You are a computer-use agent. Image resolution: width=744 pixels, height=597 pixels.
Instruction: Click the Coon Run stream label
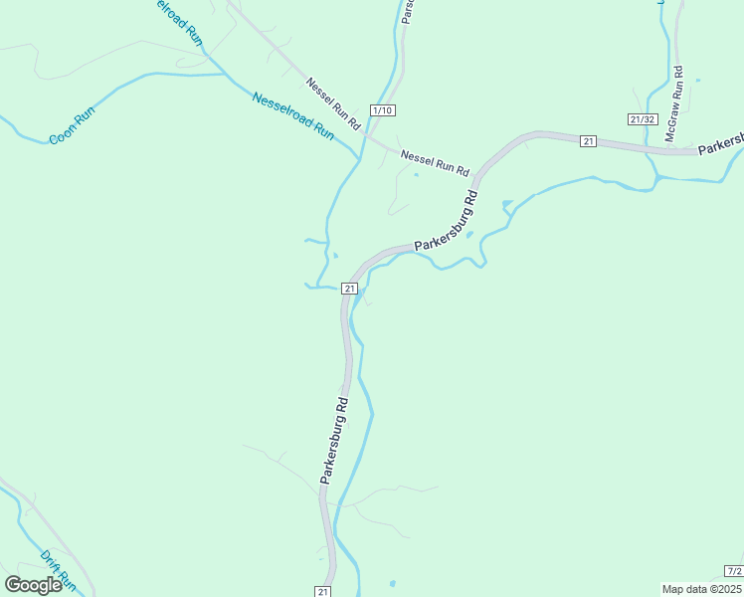[71, 127]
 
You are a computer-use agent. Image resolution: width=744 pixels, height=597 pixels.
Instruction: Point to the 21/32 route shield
[643, 119]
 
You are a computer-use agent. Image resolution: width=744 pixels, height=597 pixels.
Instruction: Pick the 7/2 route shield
[734, 570]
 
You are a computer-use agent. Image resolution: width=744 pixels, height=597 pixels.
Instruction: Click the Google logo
[33, 585]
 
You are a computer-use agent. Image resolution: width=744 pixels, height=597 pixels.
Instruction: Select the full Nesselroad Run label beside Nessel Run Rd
[293, 114]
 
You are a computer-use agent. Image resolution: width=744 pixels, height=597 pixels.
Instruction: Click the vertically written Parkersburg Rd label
[335, 441]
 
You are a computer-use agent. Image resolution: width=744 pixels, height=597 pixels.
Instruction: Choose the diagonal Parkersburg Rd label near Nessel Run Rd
[447, 217]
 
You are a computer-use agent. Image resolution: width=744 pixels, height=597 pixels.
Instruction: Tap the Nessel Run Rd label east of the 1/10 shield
[435, 162]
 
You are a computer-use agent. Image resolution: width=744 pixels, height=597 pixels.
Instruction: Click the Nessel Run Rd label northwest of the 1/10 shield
[333, 103]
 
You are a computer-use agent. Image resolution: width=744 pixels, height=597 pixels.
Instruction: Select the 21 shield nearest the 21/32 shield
[589, 141]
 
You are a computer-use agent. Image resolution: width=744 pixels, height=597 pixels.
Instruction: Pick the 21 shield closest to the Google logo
[323, 591]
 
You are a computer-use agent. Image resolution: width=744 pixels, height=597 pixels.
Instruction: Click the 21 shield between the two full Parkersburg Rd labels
[349, 289]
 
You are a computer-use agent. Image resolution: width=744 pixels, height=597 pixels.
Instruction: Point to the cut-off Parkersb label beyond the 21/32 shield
[720, 145]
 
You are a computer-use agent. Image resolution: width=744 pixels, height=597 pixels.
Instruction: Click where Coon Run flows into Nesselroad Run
[221, 74]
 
